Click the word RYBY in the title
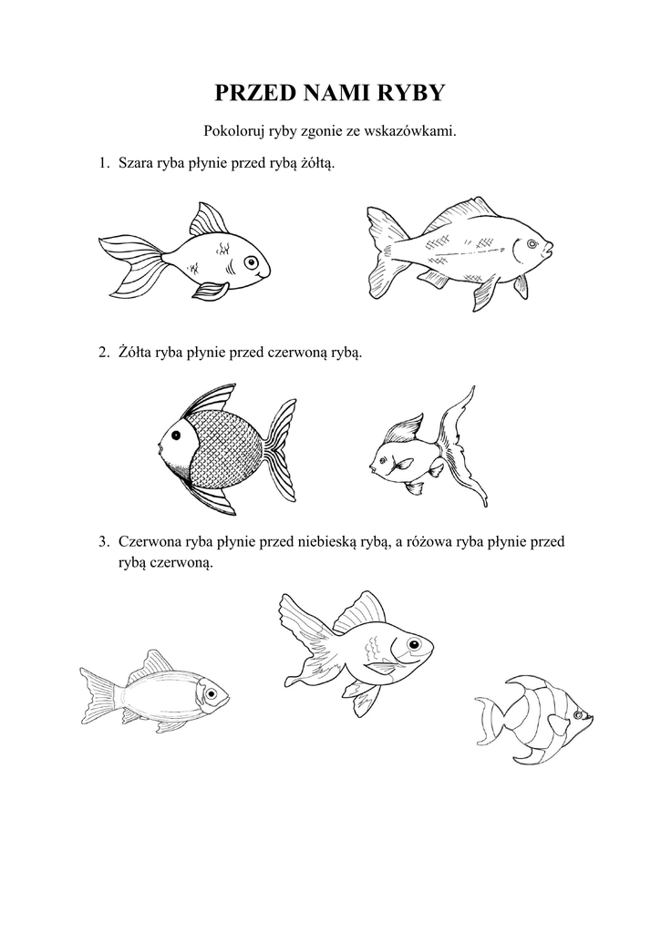413,93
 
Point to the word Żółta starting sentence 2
135,353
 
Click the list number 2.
103,353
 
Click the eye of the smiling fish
252,261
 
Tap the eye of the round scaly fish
176,436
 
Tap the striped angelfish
533,719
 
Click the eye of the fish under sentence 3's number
211,693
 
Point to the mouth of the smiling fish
261,276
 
